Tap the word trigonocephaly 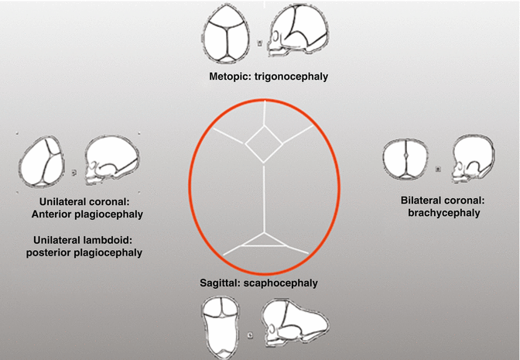coord(286,78)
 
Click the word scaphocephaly coord(285,283)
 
